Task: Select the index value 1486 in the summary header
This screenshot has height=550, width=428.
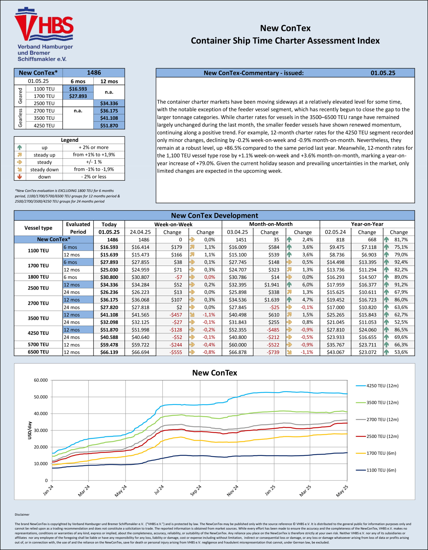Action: point(94,73)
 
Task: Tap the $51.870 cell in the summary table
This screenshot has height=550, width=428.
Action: point(109,125)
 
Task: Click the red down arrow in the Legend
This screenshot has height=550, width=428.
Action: point(20,177)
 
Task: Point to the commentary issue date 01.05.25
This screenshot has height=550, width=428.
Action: point(383,73)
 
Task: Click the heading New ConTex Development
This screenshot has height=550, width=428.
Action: point(214,215)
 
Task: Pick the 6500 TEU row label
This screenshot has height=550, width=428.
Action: point(38,352)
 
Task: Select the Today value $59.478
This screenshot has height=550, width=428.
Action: point(109,345)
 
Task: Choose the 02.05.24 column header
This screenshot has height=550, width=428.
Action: point(335,232)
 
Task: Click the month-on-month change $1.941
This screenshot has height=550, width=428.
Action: point(272,285)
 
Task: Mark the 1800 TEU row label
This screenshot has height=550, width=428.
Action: point(38,277)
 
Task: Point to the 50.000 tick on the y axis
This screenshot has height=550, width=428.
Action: point(41,397)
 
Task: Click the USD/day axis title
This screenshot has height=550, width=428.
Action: point(30,430)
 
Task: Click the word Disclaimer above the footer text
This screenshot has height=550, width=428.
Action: point(22,515)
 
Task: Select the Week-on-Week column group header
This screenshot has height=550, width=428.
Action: point(173,224)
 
